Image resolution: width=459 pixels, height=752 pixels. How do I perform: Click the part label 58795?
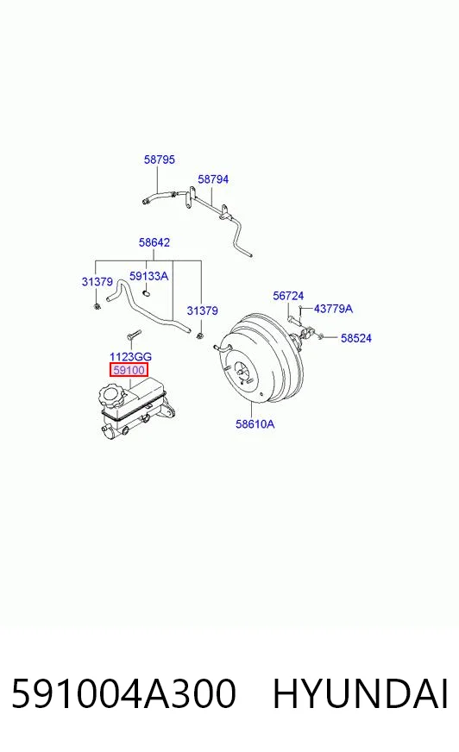pyautogui.click(x=160, y=160)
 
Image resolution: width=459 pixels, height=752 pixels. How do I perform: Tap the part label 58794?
pyautogui.click(x=213, y=179)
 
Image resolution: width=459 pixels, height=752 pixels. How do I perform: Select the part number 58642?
pyautogui.click(x=154, y=242)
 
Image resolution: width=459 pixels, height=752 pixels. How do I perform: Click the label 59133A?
pyautogui.click(x=148, y=276)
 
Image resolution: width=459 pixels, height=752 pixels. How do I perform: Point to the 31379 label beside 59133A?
pyautogui.click(x=97, y=281)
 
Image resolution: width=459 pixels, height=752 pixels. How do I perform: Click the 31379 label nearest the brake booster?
pyautogui.click(x=202, y=310)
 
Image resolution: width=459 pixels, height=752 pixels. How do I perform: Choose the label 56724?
pyautogui.click(x=288, y=296)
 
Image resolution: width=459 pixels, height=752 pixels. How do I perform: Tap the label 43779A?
pyautogui.click(x=333, y=309)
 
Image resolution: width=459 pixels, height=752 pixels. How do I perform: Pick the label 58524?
pyautogui.click(x=355, y=338)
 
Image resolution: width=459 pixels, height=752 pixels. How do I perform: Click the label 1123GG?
pyautogui.click(x=130, y=356)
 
